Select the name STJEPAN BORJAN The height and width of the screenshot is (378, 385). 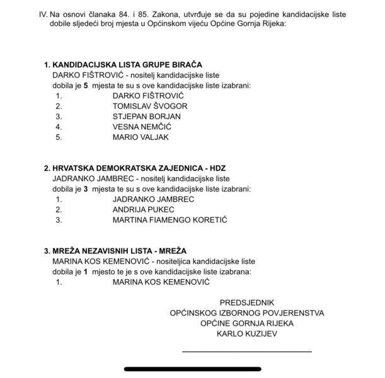pyautogui.click(x=146, y=116)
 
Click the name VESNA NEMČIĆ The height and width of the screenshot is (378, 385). pyautogui.click(x=142, y=126)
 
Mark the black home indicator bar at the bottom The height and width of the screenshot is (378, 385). pyautogui.click(x=192, y=369)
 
